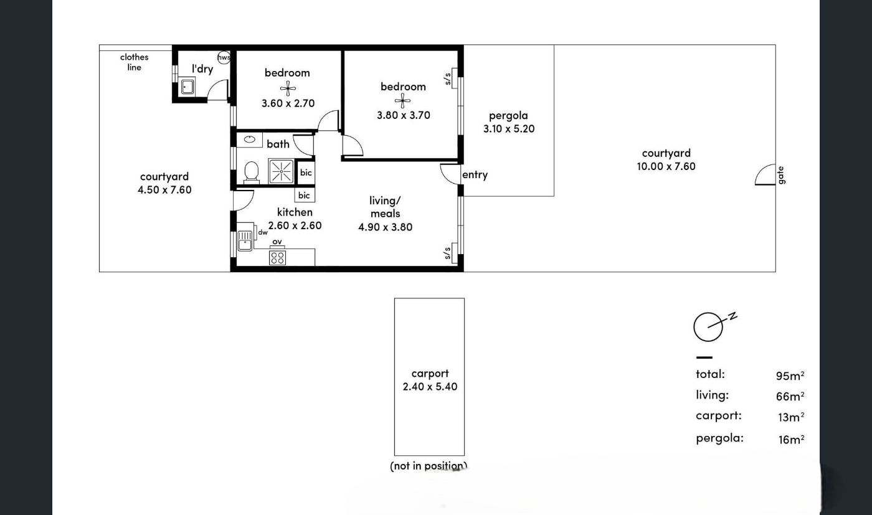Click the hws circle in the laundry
pyautogui.click(x=224, y=57)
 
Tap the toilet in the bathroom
pyautogui.click(x=252, y=172)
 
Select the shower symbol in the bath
pyautogui.click(x=281, y=171)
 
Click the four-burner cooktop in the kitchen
pyautogui.click(x=277, y=258)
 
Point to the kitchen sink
pyautogui.click(x=245, y=240)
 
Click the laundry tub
pyautogui.click(x=187, y=87)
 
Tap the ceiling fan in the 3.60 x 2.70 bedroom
pyautogui.click(x=288, y=88)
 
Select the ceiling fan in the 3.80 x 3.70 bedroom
pyautogui.click(x=402, y=102)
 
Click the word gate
pyautogui.click(x=780, y=175)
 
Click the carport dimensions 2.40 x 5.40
pyautogui.click(x=430, y=387)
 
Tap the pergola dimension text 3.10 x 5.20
pyautogui.click(x=509, y=129)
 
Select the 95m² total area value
pyautogui.click(x=790, y=376)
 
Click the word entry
pyautogui.click(x=475, y=175)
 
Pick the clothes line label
pyautogui.click(x=135, y=62)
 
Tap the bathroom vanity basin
pyautogui.click(x=250, y=139)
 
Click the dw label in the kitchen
pyautogui.click(x=263, y=232)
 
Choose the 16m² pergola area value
pyautogui.click(x=791, y=439)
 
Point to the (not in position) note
pyautogui.click(x=429, y=466)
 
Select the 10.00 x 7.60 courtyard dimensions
pyautogui.click(x=666, y=167)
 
